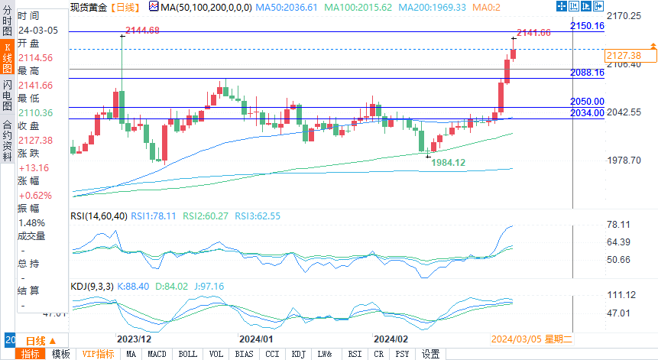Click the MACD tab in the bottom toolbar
pyautogui.click(x=157, y=354)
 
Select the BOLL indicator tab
pyautogui.click(x=187, y=354)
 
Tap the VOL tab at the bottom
pyautogui.click(x=216, y=354)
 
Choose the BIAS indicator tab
pyautogui.click(x=245, y=354)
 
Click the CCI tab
pyautogui.click(x=272, y=354)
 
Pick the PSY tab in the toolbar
pyautogui.click(x=402, y=354)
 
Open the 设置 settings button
pyautogui.click(x=431, y=354)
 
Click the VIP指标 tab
pyautogui.click(x=97, y=354)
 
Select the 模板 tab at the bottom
pyautogui.click(x=60, y=354)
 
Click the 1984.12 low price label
pyautogui.click(x=449, y=163)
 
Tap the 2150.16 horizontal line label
pyautogui.click(x=587, y=26)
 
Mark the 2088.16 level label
pyautogui.click(x=587, y=73)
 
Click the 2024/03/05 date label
pyautogui.click(x=516, y=338)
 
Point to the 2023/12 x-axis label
pyautogui.click(x=134, y=338)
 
